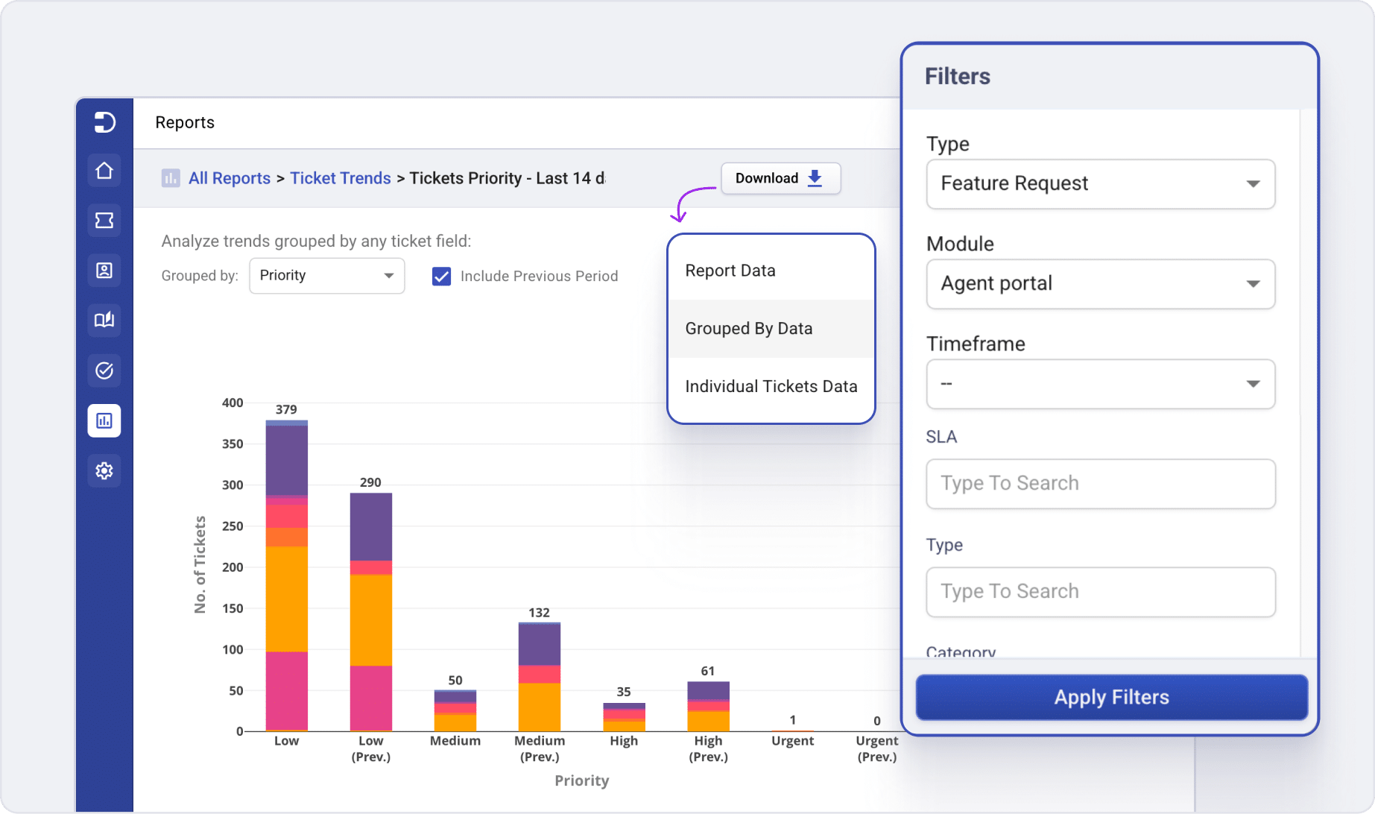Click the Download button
[x=780, y=178]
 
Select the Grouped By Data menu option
[x=748, y=329]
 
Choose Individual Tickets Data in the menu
[x=771, y=386]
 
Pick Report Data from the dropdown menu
[x=730, y=271]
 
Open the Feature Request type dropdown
[x=1100, y=184]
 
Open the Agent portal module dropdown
[x=1100, y=284]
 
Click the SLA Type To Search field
[x=1100, y=484]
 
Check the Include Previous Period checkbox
[x=441, y=277]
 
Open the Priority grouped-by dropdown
[x=326, y=276]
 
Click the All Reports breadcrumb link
[x=229, y=178]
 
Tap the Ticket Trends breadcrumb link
[x=340, y=178]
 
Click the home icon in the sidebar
[x=104, y=171]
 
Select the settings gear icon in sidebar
[x=104, y=471]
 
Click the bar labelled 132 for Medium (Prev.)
[x=539, y=676]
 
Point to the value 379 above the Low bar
[x=286, y=409]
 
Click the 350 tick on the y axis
[x=233, y=444]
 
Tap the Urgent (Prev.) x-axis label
[x=876, y=748]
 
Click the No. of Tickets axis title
[x=200, y=564]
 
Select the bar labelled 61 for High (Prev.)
[x=708, y=706]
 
